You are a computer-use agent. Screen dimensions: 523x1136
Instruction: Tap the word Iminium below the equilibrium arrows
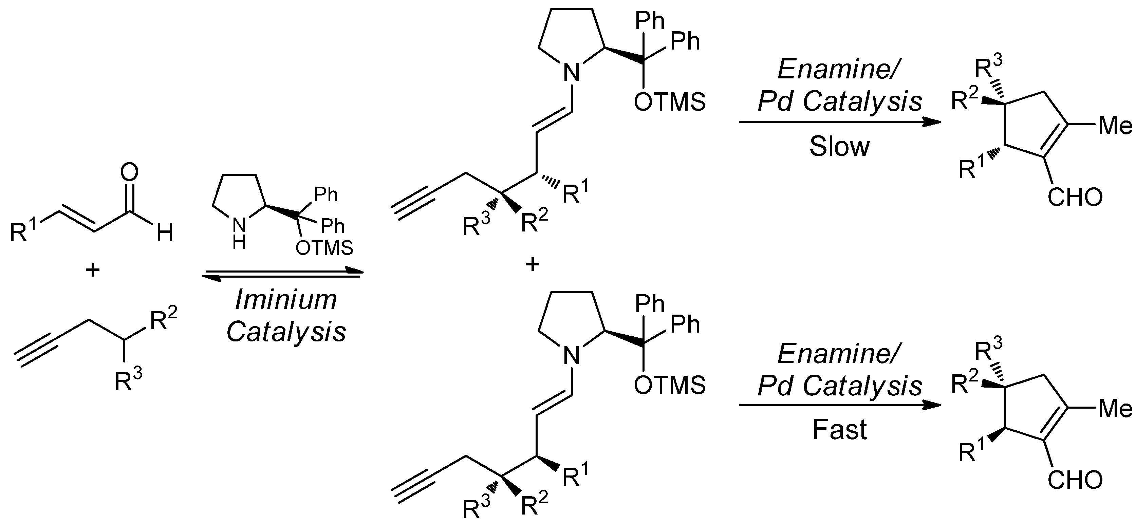click(x=286, y=300)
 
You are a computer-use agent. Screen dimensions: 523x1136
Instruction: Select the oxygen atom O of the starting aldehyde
click(x=129, y=173)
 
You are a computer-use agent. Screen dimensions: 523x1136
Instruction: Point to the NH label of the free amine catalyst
click(x=239, y=233)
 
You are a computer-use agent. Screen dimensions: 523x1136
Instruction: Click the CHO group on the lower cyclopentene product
click(x=1075, y=480)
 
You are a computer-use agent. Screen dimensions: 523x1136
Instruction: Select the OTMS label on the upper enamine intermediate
click(x=669, y=102)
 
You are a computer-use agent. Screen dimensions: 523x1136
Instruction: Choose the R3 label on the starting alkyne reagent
click(x=128, y=380)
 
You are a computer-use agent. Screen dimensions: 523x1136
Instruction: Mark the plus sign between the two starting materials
click(x=92, y=269)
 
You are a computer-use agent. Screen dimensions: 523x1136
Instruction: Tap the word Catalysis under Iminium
click(x=286, y=332)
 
